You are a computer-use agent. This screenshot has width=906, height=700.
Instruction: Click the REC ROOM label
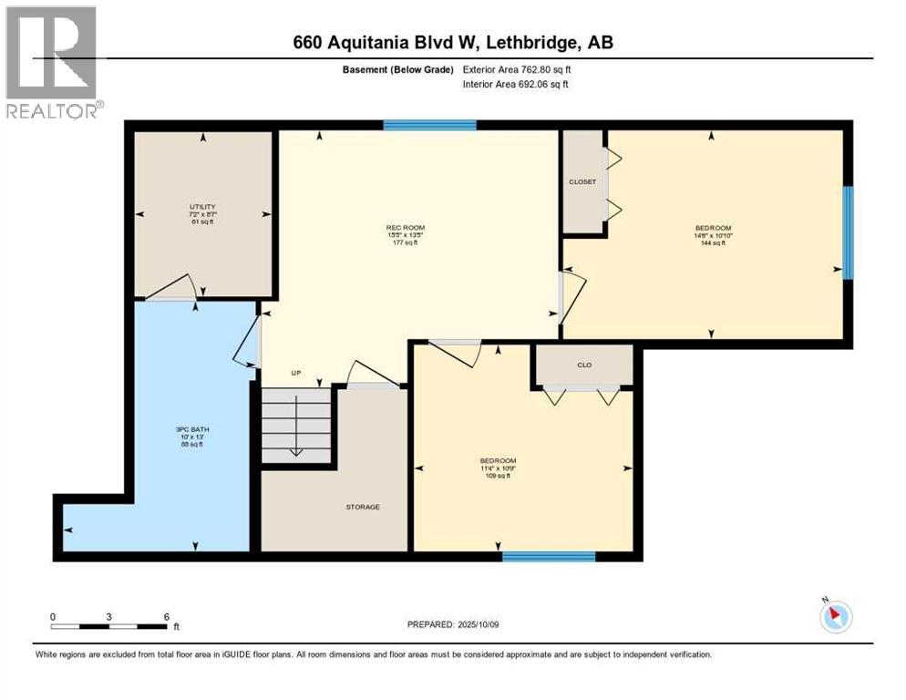(x=406, y=227)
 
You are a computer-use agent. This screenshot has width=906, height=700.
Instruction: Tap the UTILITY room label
(x=202, y=207)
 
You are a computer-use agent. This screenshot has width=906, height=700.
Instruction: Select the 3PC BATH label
(x=193, y=429)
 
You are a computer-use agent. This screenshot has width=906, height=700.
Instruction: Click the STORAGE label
(x=362, y=507)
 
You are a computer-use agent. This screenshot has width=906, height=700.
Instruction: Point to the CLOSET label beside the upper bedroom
(x=582, y=181)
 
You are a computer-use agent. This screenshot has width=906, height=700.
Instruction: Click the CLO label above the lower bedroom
(x=584, y=365)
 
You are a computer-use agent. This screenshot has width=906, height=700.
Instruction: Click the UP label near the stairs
(x=295, y=373)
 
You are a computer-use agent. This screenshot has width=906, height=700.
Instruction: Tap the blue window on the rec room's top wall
(x=429, y=125)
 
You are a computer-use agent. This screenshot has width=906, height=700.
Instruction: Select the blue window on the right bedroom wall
(x=848, y=232)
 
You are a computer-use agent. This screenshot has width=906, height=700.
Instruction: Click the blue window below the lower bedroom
(x=549, y=556)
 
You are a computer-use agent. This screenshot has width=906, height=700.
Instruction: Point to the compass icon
(x=835, y=616)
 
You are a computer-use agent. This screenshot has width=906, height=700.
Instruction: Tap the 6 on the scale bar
(x=166, y=616)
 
